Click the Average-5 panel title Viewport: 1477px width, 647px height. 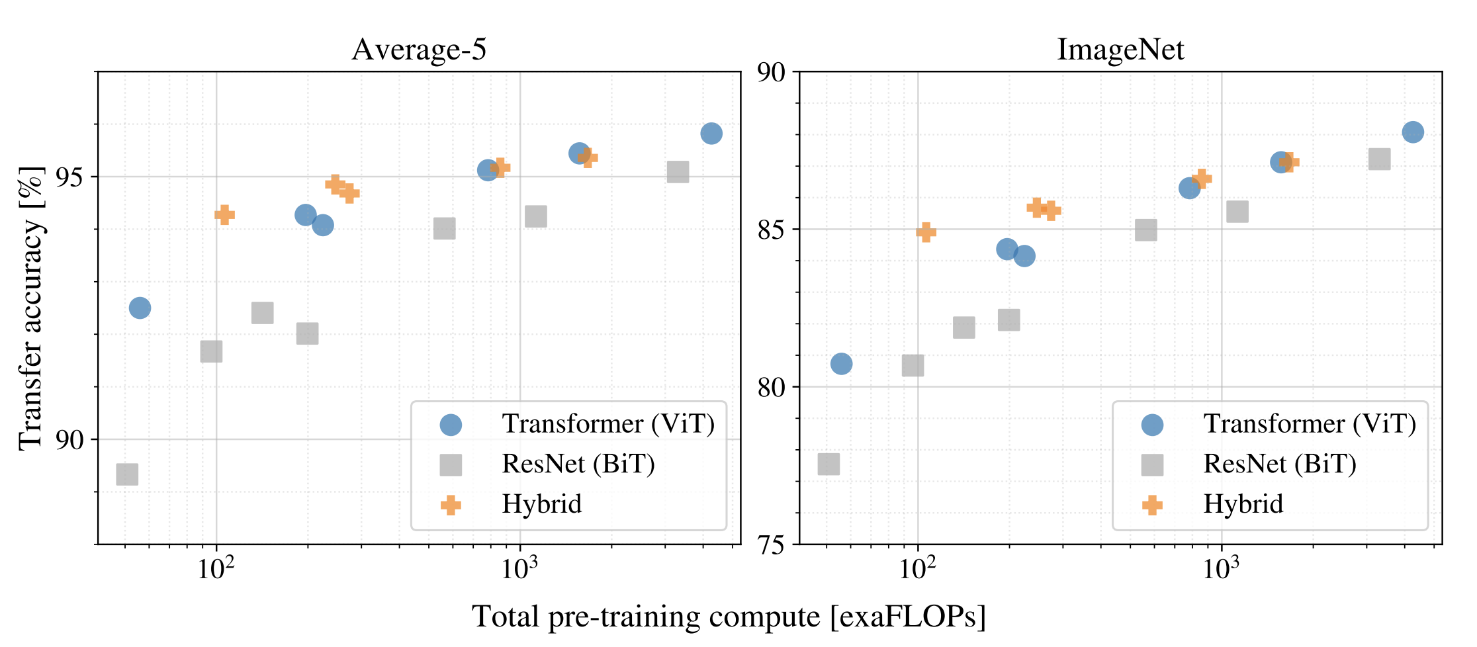[419, 50]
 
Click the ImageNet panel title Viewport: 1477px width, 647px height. [1120, 50]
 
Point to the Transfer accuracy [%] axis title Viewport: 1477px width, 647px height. [30, 308]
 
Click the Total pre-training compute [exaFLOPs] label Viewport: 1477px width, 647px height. [729, 617]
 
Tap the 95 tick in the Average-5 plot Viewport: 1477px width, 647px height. [73, 177]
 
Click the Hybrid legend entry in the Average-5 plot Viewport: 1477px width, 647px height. [541, 505]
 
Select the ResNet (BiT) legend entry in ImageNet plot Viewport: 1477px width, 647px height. [1279, 464]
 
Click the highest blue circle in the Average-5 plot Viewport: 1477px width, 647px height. [711, 134]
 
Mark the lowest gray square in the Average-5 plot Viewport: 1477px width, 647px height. [127, 474]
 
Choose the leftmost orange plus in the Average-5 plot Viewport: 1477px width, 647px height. [225, 214]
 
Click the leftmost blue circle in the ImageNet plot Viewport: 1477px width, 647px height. [841, 364]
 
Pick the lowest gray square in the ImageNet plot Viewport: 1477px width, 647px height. [828, 464]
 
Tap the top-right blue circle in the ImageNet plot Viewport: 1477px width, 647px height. [1412, 132]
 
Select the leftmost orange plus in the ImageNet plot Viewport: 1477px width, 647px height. [926, 232]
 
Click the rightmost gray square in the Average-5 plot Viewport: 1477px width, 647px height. [678, 172]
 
